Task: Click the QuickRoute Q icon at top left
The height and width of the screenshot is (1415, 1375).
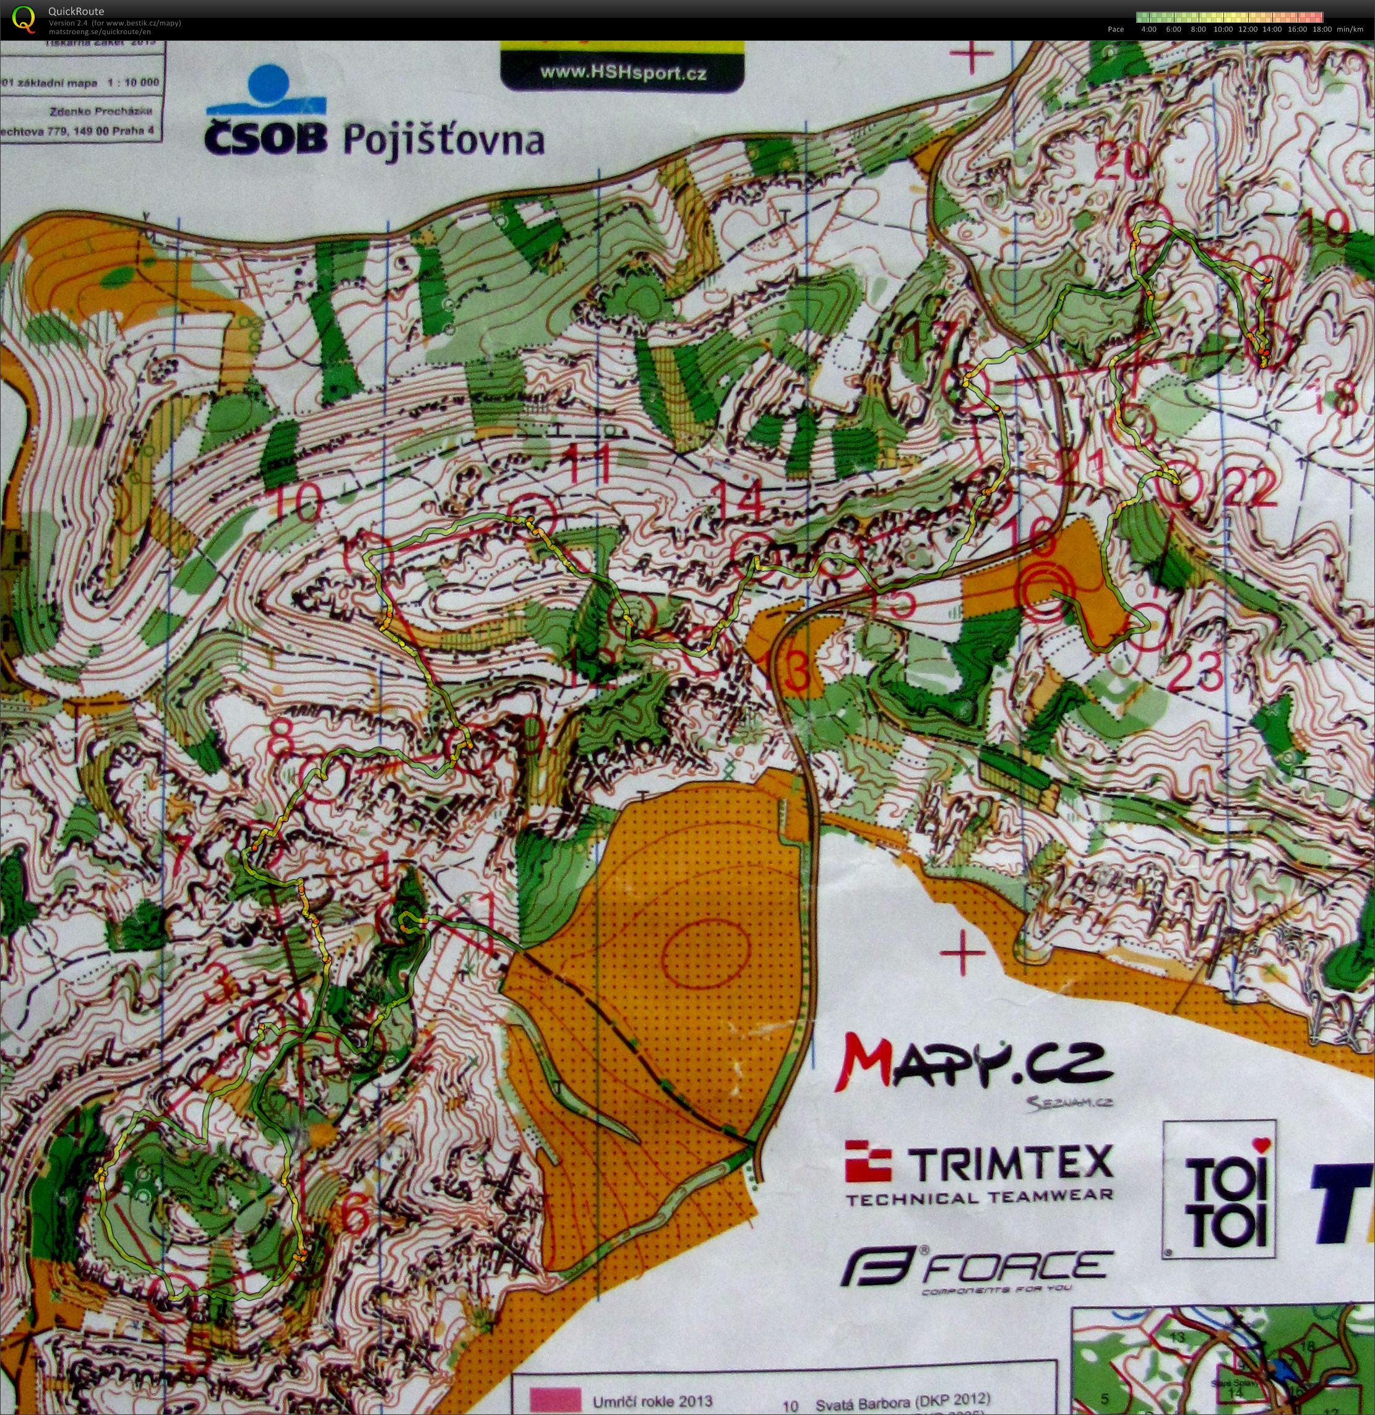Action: point(24,19)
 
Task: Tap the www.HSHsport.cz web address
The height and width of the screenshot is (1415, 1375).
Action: point(623,73)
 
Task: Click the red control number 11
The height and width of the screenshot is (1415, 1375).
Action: point(593,465)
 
